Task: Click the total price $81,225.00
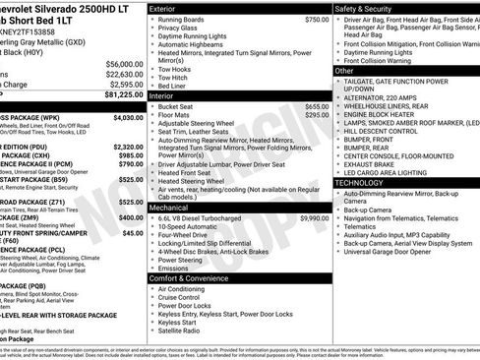coord(120,96)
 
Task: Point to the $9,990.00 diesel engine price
coord(315,217)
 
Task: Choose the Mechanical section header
coord(170,208)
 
